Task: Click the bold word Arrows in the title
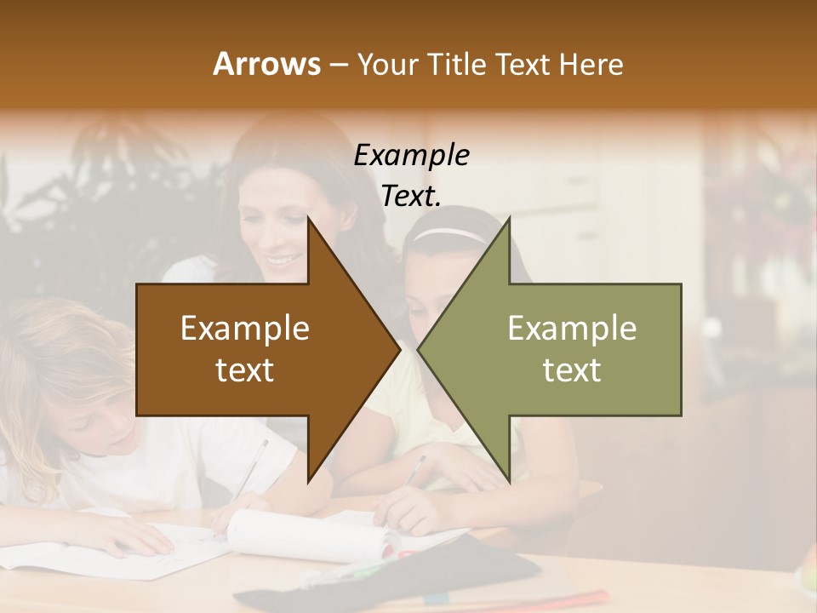[267, 64]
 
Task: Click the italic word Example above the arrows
[412, 156]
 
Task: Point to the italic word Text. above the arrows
[412, 197]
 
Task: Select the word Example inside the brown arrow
[245, 329]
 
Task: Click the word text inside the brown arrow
[245, 370]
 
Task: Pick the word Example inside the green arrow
[572, 329]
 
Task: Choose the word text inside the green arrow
[572, 370]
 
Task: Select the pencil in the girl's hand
[414, 470]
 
